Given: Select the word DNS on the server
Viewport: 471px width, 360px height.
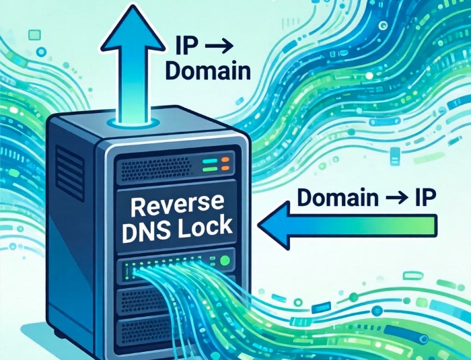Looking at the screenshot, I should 149,228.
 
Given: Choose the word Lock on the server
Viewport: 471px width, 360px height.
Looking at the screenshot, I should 205,227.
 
